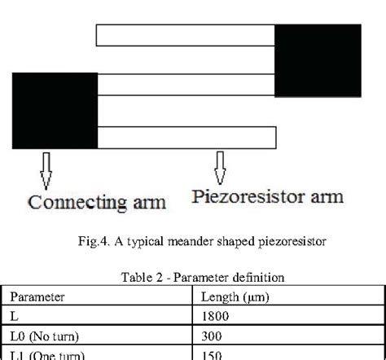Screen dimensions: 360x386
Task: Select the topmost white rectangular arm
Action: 186,35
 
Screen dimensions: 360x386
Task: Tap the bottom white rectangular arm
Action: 186,136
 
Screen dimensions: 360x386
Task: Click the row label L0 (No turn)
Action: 42,336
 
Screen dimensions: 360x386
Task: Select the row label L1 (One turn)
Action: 42,354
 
